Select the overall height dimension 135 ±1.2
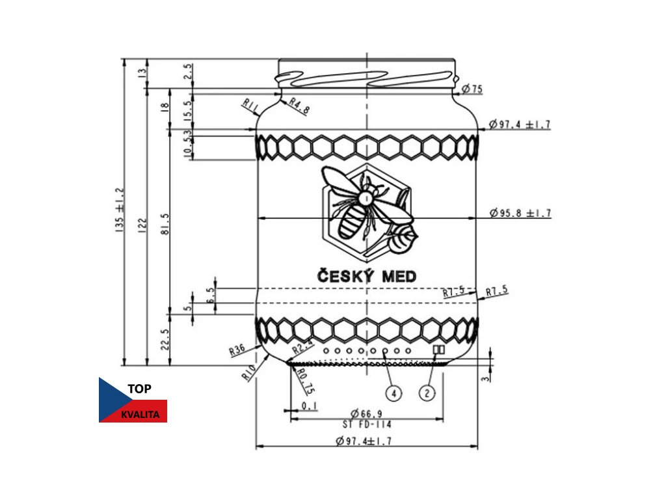(x=120, y=212)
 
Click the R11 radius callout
(x=250, y=104)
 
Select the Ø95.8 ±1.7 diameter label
(x=520, y=213)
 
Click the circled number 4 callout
(x=393, y=393)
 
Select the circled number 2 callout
(x=427, y=393)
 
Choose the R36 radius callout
(x=237, y=350)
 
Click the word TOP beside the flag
(x=140, y=389)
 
